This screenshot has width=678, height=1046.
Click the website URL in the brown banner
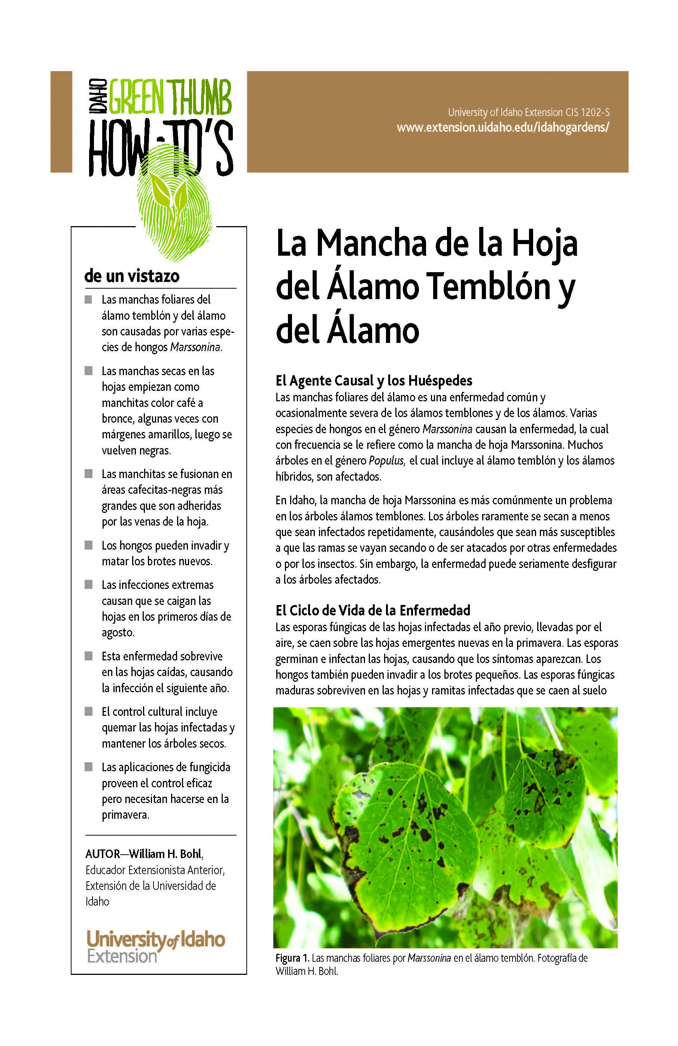click(x=503, y=128)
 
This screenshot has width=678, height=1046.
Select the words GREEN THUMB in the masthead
click(x=170, y=96)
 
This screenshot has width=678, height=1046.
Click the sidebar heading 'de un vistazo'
click(x=132, y=276)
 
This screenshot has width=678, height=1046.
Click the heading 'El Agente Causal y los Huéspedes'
click(x=374, y=380)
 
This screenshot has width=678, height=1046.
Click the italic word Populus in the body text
click(x=386, y=460)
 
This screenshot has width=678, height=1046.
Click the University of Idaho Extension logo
click(x=155, y=946)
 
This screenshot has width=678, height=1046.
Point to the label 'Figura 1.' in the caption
click(x=292, y=970)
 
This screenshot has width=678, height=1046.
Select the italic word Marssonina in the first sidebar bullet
click(x=195, y=347)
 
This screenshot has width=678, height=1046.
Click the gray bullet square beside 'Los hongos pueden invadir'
click(x=89, y=545)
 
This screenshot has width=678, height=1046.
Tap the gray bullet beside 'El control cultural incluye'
click(x=89, y=711)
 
